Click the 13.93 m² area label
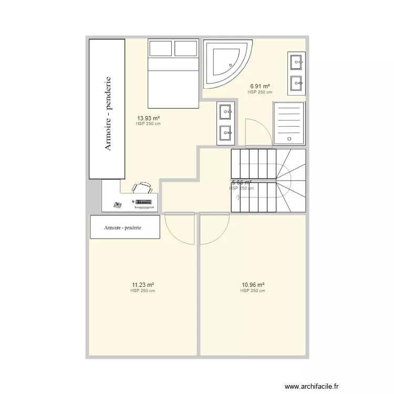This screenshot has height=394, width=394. pos(149,118)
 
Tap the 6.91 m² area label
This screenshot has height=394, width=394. pos(260,86)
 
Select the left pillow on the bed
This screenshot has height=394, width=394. pos(161,48)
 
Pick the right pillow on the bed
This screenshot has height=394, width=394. pos(186,48)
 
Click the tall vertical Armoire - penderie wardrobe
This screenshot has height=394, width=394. pos(108,109)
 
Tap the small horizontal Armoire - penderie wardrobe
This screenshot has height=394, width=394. pos(125,227)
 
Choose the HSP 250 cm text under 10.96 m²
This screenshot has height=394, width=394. pos(253,291)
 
